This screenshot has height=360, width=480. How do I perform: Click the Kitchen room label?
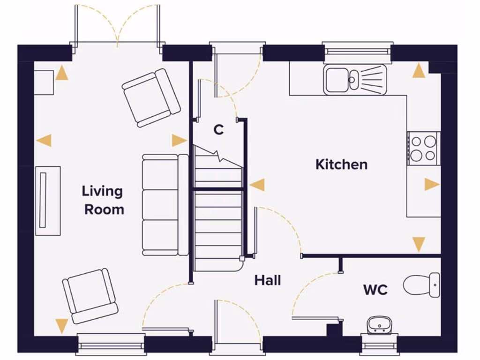point(341,165)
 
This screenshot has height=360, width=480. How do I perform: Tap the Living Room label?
point(103,200)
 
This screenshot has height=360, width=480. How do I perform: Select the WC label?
point(375,290)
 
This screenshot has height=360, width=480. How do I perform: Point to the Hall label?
point(268,280)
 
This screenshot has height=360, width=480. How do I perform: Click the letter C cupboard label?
point(218,130)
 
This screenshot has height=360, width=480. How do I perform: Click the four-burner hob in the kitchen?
point(423,148)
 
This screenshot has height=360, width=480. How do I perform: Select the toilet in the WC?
point(421,284)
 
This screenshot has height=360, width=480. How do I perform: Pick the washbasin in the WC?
point(380,324)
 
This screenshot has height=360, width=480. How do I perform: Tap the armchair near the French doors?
point(151,97)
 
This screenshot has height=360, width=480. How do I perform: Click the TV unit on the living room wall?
point(48,201)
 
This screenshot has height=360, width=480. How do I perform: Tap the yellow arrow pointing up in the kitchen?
point(419,71)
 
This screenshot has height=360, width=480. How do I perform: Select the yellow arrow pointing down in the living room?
point(61,325)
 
